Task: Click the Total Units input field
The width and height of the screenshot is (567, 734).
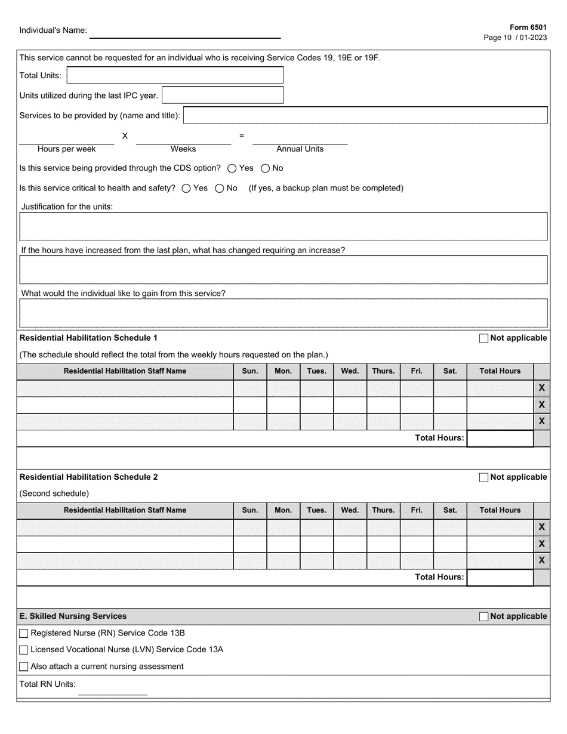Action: click(175, 75)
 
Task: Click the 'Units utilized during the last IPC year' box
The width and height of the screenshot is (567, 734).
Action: click(222, 95)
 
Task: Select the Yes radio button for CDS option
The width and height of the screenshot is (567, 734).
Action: click(232, 168)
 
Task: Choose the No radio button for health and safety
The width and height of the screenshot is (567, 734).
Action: click(219, 189)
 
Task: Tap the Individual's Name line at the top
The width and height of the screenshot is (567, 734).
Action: click(185, 32)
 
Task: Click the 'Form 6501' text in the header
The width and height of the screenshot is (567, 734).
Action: click(528, 27)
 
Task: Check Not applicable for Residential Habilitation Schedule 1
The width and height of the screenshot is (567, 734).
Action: click(483, 338)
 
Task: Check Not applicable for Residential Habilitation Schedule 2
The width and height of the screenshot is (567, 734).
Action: click(483, 477)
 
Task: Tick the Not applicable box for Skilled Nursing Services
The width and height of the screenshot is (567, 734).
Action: click(483, 616)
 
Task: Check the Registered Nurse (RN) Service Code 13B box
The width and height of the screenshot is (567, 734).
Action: click(24, 633)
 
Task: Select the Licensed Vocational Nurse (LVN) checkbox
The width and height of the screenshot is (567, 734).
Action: click(24, 650)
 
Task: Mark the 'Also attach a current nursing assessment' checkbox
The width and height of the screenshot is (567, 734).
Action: click(24, 667)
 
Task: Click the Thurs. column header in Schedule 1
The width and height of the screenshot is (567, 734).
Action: click(383, 371)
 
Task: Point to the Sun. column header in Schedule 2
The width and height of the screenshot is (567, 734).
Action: click(249, 510)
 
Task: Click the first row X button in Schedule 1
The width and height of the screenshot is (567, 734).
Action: click(541, 388)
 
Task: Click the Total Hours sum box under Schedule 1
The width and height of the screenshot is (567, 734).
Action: click(500, 438)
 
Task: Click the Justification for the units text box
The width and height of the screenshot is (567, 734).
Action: click(283, 227)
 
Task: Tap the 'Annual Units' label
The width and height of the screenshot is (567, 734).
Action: click(300, 149)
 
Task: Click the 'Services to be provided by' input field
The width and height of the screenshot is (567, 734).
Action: click(365, 115)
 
